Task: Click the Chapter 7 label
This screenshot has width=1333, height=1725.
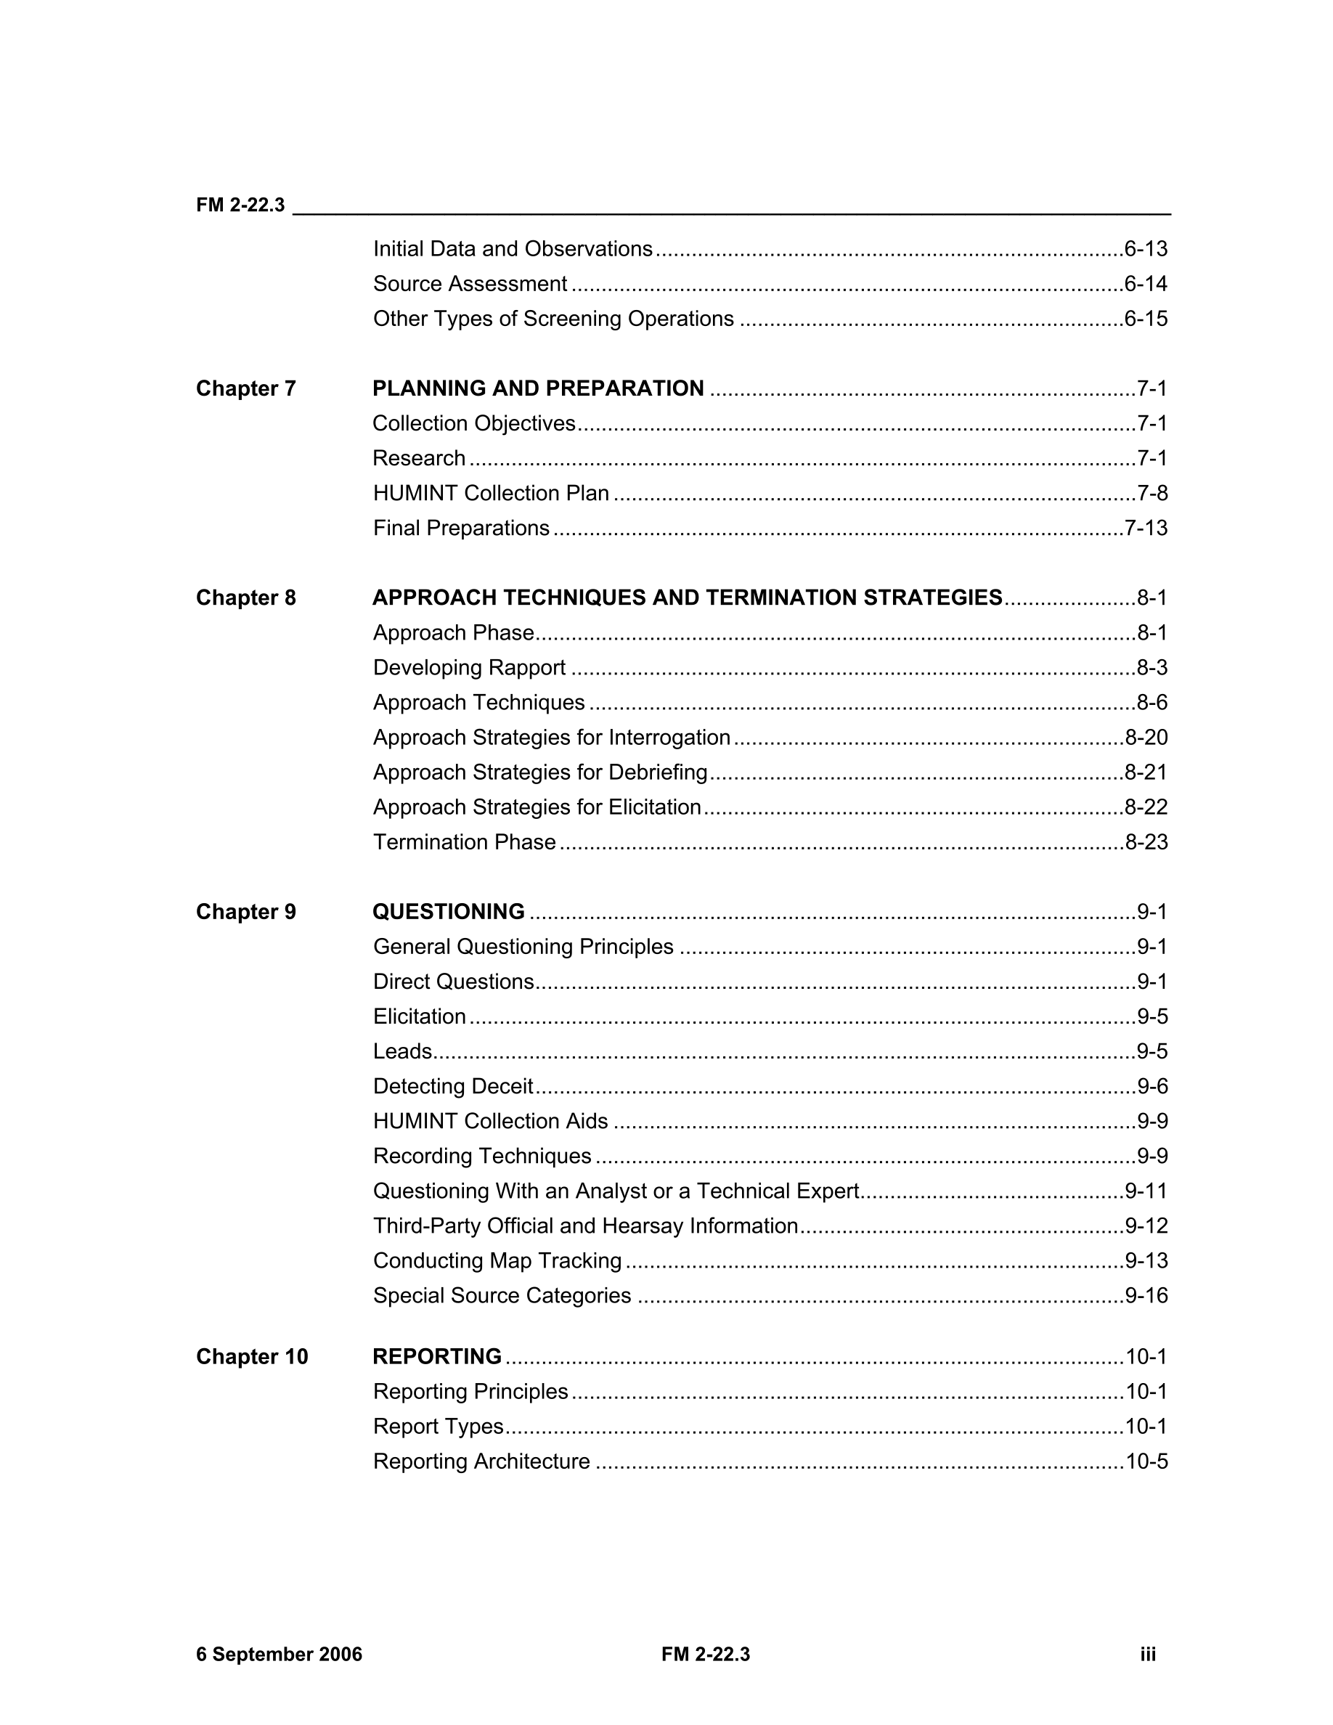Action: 245,388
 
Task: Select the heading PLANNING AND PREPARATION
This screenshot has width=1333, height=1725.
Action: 538,388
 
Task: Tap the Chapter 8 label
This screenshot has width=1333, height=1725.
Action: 245,598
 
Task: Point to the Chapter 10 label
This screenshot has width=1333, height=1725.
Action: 252,1357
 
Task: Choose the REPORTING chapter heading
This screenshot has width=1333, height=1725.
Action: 436,1357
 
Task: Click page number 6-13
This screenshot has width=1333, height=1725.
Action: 1145,249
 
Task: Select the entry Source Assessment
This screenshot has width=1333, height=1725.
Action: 470,284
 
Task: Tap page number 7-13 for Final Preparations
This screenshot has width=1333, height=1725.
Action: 1145,528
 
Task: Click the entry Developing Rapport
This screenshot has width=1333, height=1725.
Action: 469,667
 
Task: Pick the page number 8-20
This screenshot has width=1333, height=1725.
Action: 1145,737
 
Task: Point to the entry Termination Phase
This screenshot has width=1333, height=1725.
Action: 465,842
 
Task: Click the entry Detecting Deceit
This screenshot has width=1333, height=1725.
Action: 453,1086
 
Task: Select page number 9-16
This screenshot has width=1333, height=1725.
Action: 1145,1295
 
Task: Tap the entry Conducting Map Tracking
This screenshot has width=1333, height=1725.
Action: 497,1260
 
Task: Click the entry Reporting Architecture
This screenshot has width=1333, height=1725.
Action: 481,1461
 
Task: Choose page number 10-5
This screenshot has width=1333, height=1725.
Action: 1146,1461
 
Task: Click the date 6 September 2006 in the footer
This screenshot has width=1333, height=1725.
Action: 279,1655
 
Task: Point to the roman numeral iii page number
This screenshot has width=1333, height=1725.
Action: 1147,1655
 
